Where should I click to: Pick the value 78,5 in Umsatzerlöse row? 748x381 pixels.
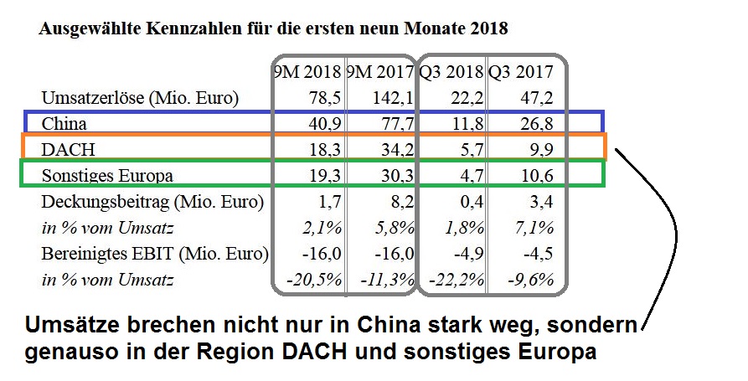point(322,98)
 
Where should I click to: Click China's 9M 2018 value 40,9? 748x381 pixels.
point(322,124)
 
